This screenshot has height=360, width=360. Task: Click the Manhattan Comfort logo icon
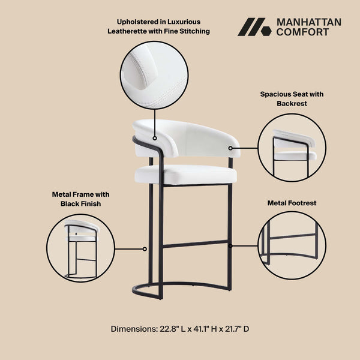coord(255,27)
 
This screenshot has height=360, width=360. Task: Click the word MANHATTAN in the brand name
coord(308,22)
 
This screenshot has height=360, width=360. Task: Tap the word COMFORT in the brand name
coord(302,32)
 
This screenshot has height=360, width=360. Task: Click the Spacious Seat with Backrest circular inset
coord(292,148)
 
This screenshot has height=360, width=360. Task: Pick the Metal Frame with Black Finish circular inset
coord(80,248)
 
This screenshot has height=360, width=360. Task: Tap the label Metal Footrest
coord(292,203)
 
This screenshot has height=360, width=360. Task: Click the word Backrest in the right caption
coord(292,104)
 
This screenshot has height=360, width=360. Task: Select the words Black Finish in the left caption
coord(80,204)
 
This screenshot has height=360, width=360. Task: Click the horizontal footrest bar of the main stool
coord(195,244)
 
